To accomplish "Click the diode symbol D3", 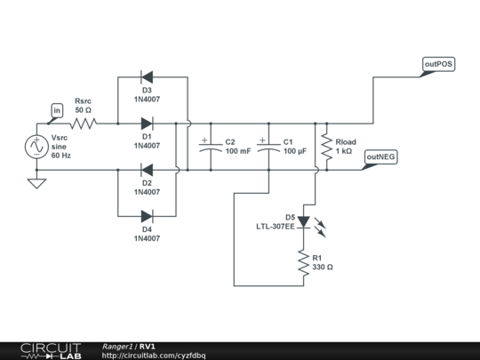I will coord(147,76).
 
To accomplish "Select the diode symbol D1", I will coord(147,123).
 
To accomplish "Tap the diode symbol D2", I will coord(147,169).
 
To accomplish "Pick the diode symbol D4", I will coord(147,215).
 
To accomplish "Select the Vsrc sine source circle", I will coord(36,146).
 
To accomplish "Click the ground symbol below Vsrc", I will coord(36,184).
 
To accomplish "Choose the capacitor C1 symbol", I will coord(267,146).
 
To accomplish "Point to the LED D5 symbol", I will coord(303,221).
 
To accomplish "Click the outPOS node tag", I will coord(438,65).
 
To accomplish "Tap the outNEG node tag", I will coord(380,156).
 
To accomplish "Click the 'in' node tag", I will coord(57,110).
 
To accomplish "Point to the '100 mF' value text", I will coord(237,152).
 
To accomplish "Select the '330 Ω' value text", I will coord(322,267).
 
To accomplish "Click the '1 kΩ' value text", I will coord(344,152).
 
